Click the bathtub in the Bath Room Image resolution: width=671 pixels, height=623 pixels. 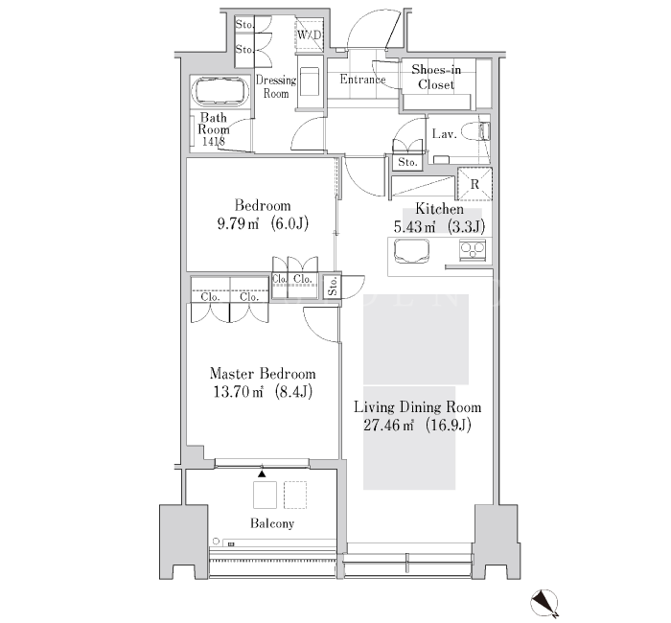(220, 91)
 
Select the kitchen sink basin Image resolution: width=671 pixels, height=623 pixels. (411, 251)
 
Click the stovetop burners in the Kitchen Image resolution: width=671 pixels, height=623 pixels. (472, 250)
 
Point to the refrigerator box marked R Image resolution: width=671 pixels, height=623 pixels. (474, 184)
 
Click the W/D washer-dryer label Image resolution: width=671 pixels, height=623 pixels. (309, 35)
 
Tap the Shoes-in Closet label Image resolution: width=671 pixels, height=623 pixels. (436, 77)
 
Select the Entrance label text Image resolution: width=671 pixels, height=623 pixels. (362, 80)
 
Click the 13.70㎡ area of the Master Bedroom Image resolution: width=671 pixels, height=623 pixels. (238, 391)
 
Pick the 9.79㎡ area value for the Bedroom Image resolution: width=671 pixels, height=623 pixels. (239, 223)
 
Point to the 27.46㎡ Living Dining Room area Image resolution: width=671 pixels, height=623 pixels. (388, 425)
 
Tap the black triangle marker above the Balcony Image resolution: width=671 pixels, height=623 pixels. (262, 473)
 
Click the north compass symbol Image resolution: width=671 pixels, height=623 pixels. (544, 603)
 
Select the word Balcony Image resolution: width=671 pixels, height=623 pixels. (272, 523)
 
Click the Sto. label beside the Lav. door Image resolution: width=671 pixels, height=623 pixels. (407, 162)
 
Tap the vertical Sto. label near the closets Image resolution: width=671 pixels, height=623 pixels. (333, 286)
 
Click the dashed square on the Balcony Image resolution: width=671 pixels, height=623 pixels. (295, 496)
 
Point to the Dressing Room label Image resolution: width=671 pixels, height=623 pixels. (276, 87)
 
